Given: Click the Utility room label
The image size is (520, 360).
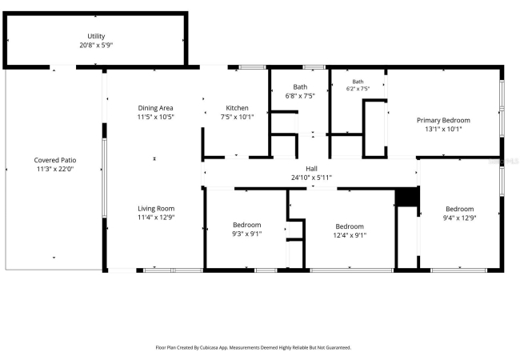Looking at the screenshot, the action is pos(96,36).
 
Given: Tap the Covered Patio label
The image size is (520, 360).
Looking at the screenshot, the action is pos(55,160).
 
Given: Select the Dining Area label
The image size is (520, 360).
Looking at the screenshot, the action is pos(155,108).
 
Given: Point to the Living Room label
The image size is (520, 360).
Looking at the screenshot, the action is pos(156,209).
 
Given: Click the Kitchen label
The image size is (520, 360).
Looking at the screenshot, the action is pos(237,108).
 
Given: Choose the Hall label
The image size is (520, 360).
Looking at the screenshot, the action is pos(311,169).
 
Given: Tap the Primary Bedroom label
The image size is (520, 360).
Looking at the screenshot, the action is pos(443,120).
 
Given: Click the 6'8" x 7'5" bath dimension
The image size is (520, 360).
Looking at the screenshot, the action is pos(300,96).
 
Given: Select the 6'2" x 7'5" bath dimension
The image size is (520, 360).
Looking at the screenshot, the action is pos(358,89).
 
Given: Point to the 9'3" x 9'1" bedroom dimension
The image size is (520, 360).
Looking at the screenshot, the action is pos(247,234).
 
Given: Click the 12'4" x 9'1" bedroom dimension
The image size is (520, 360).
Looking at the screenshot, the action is pos(350,235).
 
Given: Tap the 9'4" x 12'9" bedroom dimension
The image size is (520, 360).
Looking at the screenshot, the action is pos(460,218).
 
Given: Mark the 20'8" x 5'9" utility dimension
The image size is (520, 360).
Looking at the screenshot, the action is pos(96,45).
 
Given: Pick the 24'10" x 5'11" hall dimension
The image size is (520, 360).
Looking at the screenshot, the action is pos(311,178).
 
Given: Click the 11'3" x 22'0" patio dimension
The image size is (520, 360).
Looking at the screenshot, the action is pos(55,169).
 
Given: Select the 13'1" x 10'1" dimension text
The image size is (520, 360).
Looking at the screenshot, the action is pos(443,130).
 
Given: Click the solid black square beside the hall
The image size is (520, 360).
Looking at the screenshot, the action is pos(407,197).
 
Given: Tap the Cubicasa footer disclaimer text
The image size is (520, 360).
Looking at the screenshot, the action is pos(254,348).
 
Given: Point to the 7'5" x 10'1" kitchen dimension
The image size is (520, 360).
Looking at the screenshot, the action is pos(237,117).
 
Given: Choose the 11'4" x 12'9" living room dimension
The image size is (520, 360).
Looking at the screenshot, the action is pos(156,218).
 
